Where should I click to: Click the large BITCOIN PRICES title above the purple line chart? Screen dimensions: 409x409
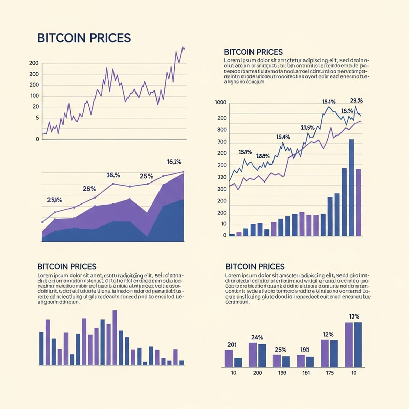click(x=84, y=38)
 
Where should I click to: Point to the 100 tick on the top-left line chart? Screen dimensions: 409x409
click(x=34, y=96)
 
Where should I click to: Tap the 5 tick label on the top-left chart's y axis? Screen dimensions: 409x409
click(x=37, y=118)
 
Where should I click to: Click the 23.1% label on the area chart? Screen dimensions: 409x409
click(x=54, y=200)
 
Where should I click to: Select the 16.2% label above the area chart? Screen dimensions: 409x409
click(x=174, y=162)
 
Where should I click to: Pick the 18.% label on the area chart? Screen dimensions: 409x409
click(x=113, y=175)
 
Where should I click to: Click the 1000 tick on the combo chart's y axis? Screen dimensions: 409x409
click(x=220, y=103)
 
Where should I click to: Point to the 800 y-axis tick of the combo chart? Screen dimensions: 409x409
click(x=221, y=129)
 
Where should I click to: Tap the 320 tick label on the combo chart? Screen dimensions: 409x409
click(x=221, y=177)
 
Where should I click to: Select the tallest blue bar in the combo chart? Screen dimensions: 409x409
click(x=351, y=187)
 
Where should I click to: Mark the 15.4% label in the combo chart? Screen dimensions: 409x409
click(x=283, y=137)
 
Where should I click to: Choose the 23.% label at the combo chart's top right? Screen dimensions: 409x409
click(x=356, y=100)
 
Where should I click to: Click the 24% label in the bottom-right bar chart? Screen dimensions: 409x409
click(x=257, y=337)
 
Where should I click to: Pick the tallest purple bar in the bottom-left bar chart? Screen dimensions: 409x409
click(x=115, y=337)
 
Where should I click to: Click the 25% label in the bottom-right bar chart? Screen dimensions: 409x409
click(x=280, y=350)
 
